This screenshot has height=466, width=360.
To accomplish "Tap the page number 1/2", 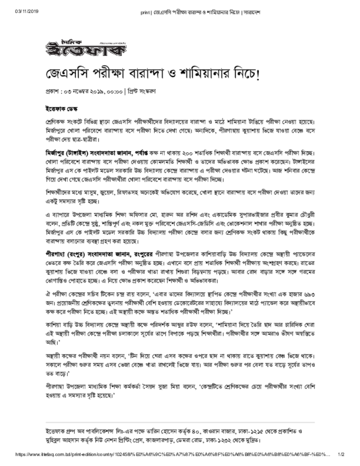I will click(x=341, y=455).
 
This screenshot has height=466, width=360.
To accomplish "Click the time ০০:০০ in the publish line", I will click(x=114, y=91).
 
